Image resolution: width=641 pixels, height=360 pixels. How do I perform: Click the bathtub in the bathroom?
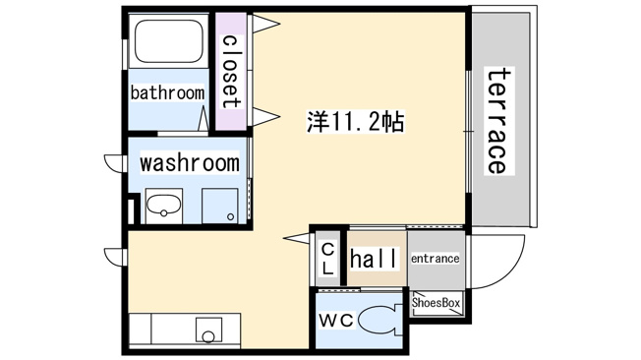point(169,41)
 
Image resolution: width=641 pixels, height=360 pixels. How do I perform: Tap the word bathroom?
point(167,92)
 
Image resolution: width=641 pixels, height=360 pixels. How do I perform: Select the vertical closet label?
point(230,71)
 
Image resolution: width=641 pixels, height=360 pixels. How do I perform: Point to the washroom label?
point(190,162)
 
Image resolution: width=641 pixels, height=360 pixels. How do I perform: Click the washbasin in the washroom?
point(164,206)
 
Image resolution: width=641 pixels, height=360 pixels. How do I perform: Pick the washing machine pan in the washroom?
point(220,206)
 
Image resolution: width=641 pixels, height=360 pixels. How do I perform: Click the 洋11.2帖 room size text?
point(356,122)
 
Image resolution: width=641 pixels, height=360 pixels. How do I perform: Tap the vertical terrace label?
point(499,121)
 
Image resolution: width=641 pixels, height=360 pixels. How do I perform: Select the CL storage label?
point(328,259)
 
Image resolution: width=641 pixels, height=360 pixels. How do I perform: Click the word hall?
point(374,259)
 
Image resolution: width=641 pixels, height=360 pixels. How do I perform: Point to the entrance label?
point(435,259)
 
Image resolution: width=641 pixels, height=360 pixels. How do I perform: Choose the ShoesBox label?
point(436,303)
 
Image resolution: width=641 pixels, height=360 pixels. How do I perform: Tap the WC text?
point(336,321)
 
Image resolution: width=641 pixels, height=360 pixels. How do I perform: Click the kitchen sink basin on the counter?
point(208,330)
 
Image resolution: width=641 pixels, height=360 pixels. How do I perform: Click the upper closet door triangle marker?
point(265,24)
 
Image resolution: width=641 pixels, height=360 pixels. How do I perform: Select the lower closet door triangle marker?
point(265,117)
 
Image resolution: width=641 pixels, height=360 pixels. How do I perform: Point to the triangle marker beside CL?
point(297,238)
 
